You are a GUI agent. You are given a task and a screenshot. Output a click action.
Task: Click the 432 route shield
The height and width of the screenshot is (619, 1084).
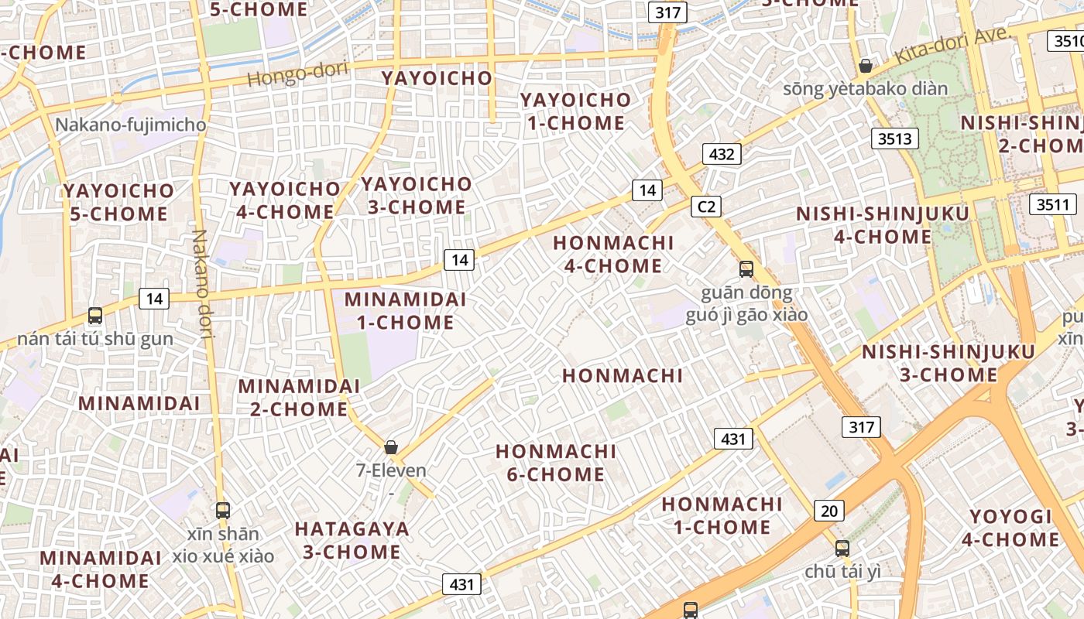[722, 154]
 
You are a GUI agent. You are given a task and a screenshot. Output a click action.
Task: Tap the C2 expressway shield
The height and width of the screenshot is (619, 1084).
[706, 207]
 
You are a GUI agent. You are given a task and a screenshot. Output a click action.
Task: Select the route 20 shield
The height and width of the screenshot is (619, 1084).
[829, 511]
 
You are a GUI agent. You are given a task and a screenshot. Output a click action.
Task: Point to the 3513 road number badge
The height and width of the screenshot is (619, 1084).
[896, 139]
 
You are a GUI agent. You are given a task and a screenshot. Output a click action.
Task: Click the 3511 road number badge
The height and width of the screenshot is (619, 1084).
[1053, 205]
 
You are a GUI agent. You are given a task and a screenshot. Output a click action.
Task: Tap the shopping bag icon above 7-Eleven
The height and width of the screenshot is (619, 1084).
[391, 447]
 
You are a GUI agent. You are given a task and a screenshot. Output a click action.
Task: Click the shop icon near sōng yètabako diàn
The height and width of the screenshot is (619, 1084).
[866, 66]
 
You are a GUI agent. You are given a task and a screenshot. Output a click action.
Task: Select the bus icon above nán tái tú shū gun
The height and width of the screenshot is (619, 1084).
[95, 316]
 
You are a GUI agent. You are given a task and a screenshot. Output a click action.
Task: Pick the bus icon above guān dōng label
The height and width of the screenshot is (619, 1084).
[746, 269]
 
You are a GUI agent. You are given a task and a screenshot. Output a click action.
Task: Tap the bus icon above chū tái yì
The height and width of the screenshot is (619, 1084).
[842, 549]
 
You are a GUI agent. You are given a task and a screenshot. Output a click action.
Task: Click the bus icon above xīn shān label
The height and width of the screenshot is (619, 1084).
[223, 510]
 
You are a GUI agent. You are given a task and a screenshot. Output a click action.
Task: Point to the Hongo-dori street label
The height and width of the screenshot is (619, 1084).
[298, 74]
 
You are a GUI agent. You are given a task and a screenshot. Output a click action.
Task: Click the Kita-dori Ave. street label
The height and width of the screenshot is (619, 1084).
[953, 46]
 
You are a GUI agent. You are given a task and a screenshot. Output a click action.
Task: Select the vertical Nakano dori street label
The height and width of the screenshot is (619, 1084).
[202, 285]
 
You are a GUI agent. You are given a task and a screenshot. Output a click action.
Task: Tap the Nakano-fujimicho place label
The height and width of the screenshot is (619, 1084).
[131, 125]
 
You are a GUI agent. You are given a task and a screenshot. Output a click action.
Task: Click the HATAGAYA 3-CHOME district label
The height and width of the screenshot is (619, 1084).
[352, 540]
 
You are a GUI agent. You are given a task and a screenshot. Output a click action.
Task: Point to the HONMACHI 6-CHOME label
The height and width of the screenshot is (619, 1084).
[556, 463]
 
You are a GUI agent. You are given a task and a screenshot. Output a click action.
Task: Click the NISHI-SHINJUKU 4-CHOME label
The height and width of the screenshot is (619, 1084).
[883, 224]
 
